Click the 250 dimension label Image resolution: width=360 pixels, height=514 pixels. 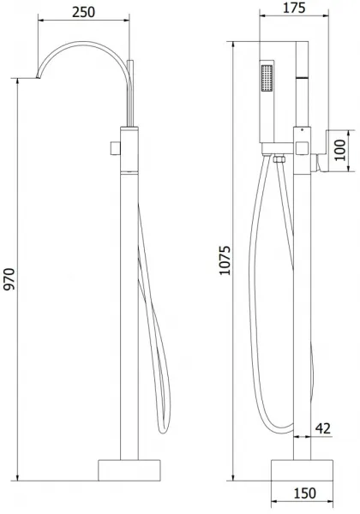pos(84,12)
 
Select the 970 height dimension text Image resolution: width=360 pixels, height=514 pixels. pos(9,279)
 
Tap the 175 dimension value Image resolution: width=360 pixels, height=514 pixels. pos(294,8)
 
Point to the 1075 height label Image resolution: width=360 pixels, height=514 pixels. pos(225,260)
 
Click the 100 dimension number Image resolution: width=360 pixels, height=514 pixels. pos(340,150)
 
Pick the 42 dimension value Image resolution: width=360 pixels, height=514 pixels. pos(322,428)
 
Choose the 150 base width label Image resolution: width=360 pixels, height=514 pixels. pos(305,493)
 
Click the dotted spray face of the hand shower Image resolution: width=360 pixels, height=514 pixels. pos(267,78)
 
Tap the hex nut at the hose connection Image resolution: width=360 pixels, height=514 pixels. pos(279,159)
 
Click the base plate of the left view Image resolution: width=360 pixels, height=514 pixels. pos(129,470)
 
